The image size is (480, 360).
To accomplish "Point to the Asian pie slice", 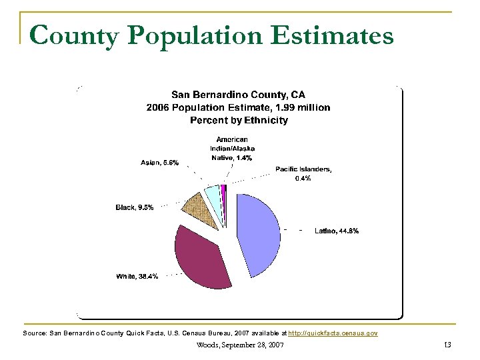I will click(x=212, y=194).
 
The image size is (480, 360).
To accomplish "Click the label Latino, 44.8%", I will click(x=337, y=231).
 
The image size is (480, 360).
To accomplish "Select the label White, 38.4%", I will click(x=137, y=276).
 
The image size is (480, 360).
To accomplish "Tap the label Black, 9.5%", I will click(x=135, y=207).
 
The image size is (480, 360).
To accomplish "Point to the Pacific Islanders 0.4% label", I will click(x=303, y=173).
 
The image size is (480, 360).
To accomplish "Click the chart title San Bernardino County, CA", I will click(x=239, y=95).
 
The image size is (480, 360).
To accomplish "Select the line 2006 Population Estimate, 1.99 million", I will click(x=238, y=107).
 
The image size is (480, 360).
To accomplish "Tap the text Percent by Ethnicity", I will click(x=239, y=120).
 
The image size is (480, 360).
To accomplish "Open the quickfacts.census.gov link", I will click(x=333, y=332).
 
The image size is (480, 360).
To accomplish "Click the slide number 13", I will click(x=447, y=345).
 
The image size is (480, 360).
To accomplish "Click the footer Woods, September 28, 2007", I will click(x=240, y=345).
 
